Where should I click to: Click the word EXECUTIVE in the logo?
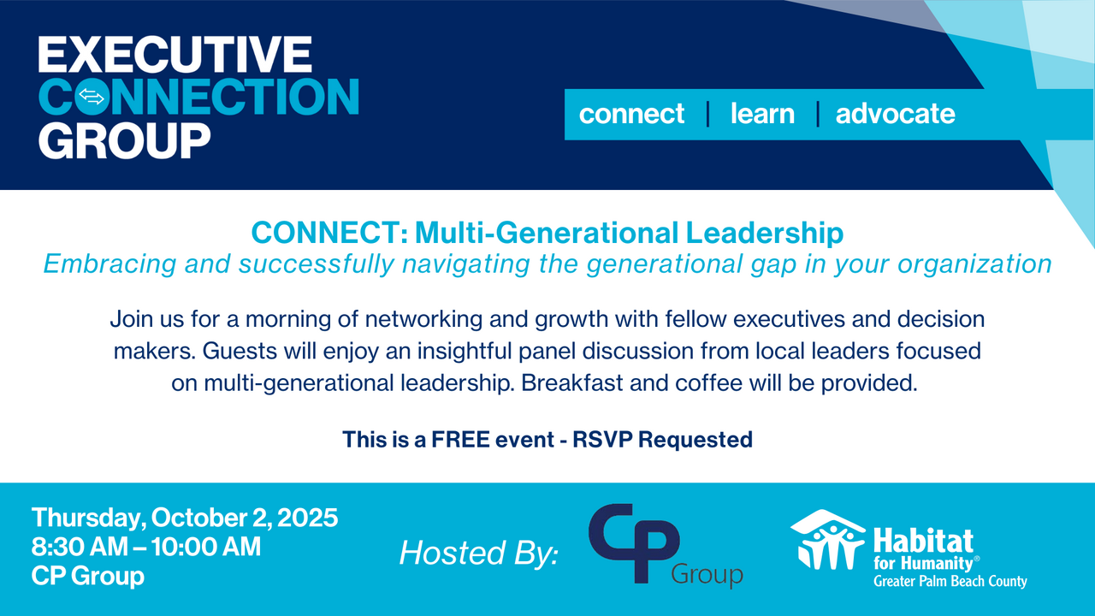(175, 56)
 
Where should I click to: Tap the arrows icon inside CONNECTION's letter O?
(91, 98)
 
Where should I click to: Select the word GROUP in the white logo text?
(124, 139)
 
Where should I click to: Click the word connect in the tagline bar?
(631, 114)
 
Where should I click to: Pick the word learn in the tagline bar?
(762, 114)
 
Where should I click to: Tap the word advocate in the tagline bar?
(895, 114)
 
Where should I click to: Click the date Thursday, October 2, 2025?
(185, 518)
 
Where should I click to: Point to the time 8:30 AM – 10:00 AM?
(146, 547)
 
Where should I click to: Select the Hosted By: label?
(478, 554)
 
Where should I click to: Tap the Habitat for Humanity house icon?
(826, 540)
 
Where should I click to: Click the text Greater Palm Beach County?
(950, 582)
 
